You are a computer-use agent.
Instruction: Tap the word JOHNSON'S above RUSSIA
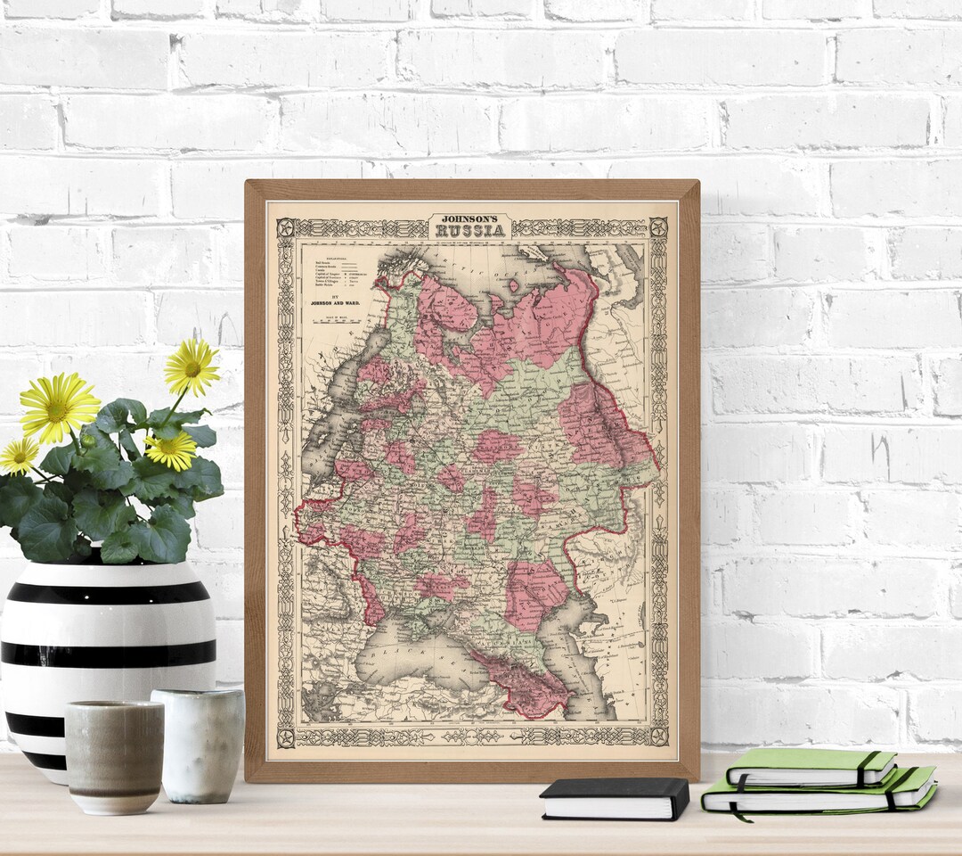(469, 217)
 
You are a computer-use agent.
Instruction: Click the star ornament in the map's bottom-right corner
(658, 736)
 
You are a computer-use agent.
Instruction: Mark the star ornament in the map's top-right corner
(658, 226)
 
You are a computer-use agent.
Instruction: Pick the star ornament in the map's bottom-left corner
(285, 737)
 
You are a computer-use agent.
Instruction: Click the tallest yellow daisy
(191, 366)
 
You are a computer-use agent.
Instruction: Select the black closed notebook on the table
(615, 797)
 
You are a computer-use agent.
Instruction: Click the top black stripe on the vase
(108, 592)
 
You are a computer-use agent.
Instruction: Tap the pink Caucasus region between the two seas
(526, 687)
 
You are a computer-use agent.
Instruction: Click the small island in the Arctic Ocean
(513, 285)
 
